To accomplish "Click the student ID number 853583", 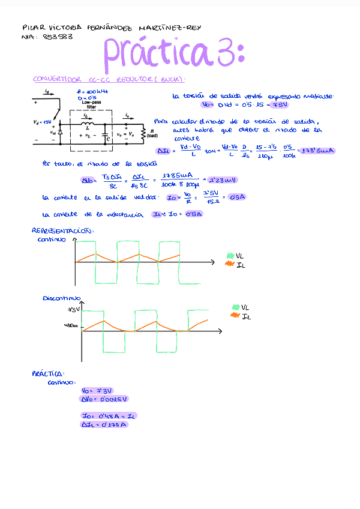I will click(58, 37).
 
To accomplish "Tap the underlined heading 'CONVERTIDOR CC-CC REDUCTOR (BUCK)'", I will click(108, 79).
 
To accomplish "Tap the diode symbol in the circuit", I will click(59, 131).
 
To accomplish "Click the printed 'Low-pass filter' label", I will click(91, 104).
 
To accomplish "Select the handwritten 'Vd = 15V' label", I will click(42, 122).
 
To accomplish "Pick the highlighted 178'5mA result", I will click(318, 151).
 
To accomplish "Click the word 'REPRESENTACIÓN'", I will click(62, 230).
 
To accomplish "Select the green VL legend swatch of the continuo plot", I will click(230, 256).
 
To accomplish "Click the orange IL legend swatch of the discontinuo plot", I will click(235, 316).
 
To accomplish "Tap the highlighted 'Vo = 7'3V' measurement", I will click(97, 390).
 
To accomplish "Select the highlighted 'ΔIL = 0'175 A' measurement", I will click(104, 424).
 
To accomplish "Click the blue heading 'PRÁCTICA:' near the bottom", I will click(48, 373).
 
